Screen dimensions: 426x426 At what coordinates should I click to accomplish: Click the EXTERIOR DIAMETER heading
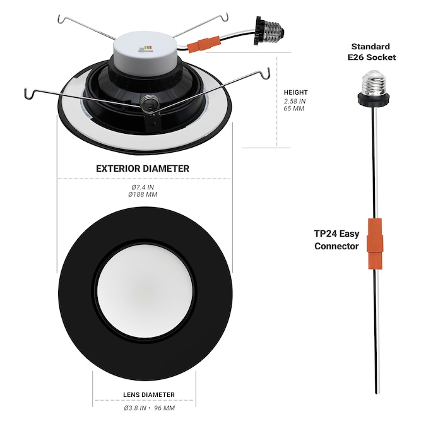click(143, 169)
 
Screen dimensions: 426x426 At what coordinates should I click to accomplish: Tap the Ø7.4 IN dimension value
click(143, 187)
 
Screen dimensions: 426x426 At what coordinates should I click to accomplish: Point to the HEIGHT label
click(296, 92)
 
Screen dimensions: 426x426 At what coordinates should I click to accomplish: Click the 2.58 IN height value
click(295, 101)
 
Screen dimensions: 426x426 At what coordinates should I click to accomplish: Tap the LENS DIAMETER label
click(149, 394)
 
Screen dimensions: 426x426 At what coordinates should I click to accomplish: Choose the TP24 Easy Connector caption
click(336, 240)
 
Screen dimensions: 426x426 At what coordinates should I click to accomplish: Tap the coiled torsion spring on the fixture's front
click(149, 102)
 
